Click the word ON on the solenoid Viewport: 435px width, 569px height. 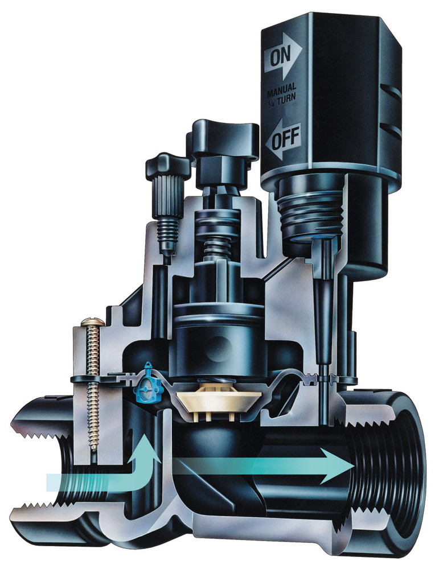(x=281, y=56)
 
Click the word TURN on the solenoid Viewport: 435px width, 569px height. (x=286, y=98)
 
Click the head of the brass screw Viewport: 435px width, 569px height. (x=93, y=321)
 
